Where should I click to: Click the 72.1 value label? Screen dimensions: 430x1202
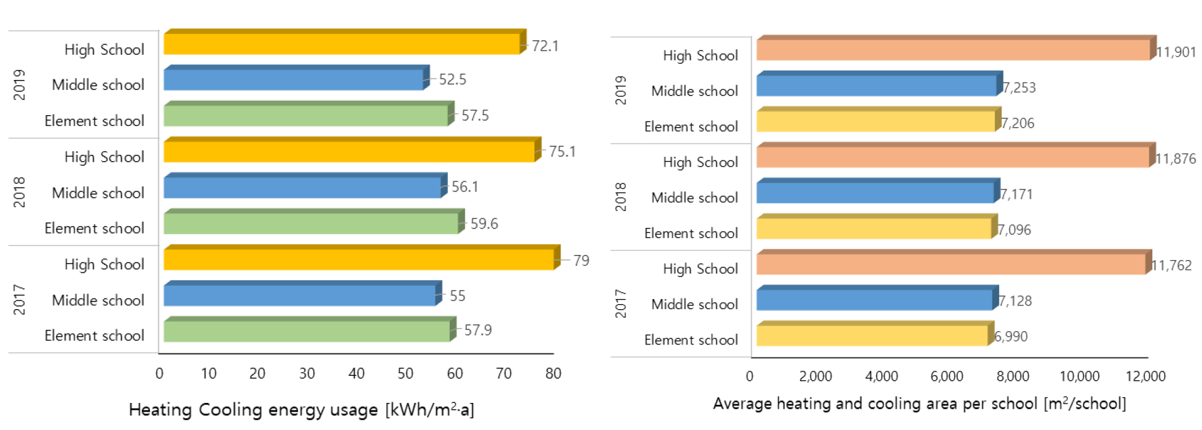(x=545, y=46)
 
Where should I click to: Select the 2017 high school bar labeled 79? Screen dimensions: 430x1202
(x=358, y=259)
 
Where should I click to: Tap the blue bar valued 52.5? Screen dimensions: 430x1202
(x=293, y=79)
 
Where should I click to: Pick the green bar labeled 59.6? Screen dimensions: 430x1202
(x=311, y=223)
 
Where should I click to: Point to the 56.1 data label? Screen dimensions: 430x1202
(x=465, y=187)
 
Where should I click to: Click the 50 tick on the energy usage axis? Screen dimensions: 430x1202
(x=405, y=373)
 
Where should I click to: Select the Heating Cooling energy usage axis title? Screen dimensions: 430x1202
(x=301, y=410)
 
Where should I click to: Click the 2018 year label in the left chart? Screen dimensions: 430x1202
(x=20, y=192)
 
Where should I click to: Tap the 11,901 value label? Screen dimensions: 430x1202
(x=1176, y=52)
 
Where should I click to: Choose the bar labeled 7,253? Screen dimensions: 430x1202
(x=876, y=85)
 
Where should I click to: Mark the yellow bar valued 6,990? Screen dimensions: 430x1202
(x=872, y=335)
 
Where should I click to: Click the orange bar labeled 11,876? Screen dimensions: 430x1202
(x=953, y=157)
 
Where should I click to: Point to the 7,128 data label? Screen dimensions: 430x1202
(x=1015, y=301)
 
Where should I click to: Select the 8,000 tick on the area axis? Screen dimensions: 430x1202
(x=1012, y=376)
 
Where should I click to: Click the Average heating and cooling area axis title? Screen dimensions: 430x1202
(x=919, y=404)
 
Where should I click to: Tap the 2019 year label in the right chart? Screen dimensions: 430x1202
(x=621, y=90)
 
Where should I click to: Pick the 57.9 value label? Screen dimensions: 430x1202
(x=478, y=330)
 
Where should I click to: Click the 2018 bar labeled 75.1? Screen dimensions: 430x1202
(x=349, y=151)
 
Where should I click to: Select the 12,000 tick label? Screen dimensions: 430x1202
(x=1145, y=376)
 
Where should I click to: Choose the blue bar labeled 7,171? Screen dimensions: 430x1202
(x=875, y=192)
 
